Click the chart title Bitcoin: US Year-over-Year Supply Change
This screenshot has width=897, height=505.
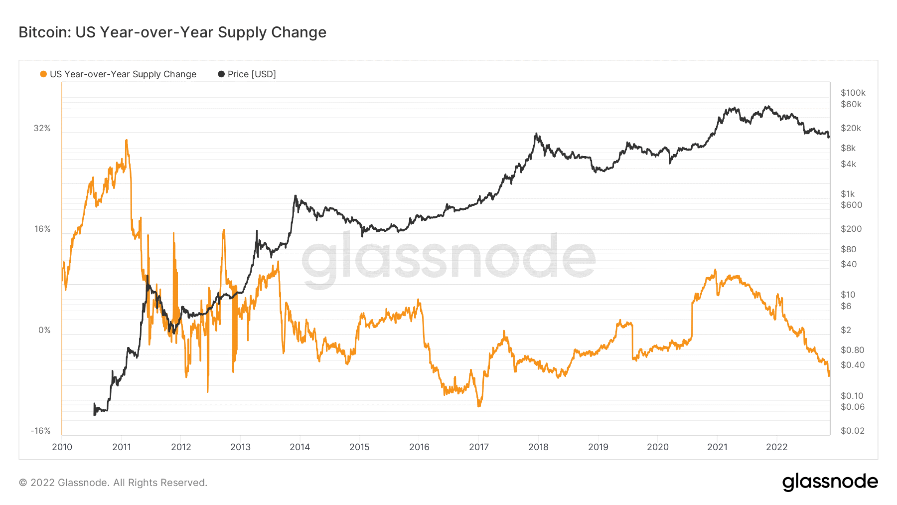click(x=172, y=32)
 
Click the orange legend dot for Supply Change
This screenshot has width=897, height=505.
click(x=43, y=74)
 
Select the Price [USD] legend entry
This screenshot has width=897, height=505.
click(x=247, y=74)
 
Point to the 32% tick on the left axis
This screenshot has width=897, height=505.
click(x=42, y=128)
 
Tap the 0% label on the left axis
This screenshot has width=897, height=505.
click(x=44, y=330)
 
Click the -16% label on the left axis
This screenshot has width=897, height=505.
click(x=40, y=431)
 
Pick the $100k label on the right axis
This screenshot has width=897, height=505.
click(x=853, y=93)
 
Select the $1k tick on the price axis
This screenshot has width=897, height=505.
click(x=847, y=194)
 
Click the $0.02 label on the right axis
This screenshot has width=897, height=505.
click(x=852, y=431)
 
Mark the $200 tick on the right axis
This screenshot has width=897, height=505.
click(x=851, y=229)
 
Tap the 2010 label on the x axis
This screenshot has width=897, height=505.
click(x=62, y=447)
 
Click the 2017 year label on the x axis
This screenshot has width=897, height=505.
click(x=478, y=447)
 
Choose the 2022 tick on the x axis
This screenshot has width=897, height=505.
click(x=776, y=447)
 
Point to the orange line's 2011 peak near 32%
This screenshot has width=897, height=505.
click(x=126, y=141)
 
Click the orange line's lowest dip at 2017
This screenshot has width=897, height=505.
click(x=479, y=406)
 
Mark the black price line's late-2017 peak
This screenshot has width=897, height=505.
click(x=536, y=134)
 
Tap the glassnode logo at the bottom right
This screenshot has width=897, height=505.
click(x=830, y=482)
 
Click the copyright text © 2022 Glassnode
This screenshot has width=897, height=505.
click(x=113, y=483)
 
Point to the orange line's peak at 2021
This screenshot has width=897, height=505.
click(x=715, y=270)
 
